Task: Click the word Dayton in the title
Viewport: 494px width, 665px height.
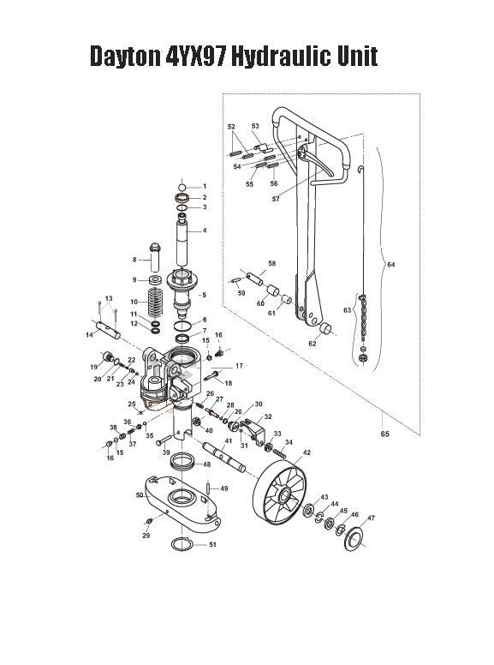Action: (x=125, y=57)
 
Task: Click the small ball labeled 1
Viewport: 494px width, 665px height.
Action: (x=182, y=186)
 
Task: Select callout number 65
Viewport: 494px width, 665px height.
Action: (x=385, y=434)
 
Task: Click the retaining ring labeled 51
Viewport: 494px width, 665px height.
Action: (x=182, y=544)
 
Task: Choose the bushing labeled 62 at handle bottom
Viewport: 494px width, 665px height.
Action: (x=326, y=330)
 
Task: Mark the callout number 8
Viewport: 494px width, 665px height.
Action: (x=134, y=259)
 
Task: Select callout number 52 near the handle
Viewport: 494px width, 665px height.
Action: (x=231, y=128)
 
